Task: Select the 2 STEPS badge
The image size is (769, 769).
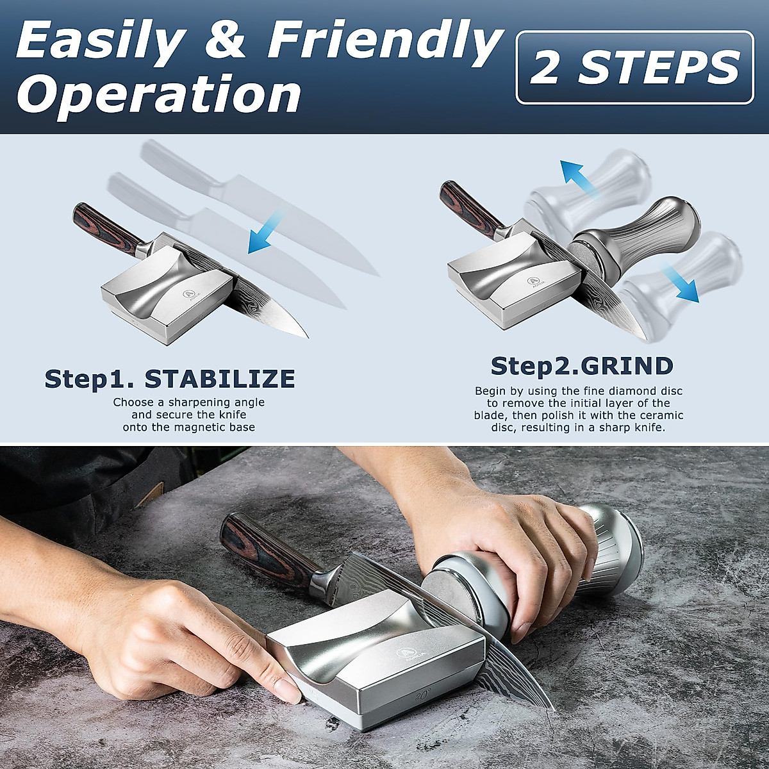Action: click(634, 67)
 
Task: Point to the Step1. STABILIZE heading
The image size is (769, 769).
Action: click(170, 379)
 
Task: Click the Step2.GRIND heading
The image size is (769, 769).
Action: click(582, 366)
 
